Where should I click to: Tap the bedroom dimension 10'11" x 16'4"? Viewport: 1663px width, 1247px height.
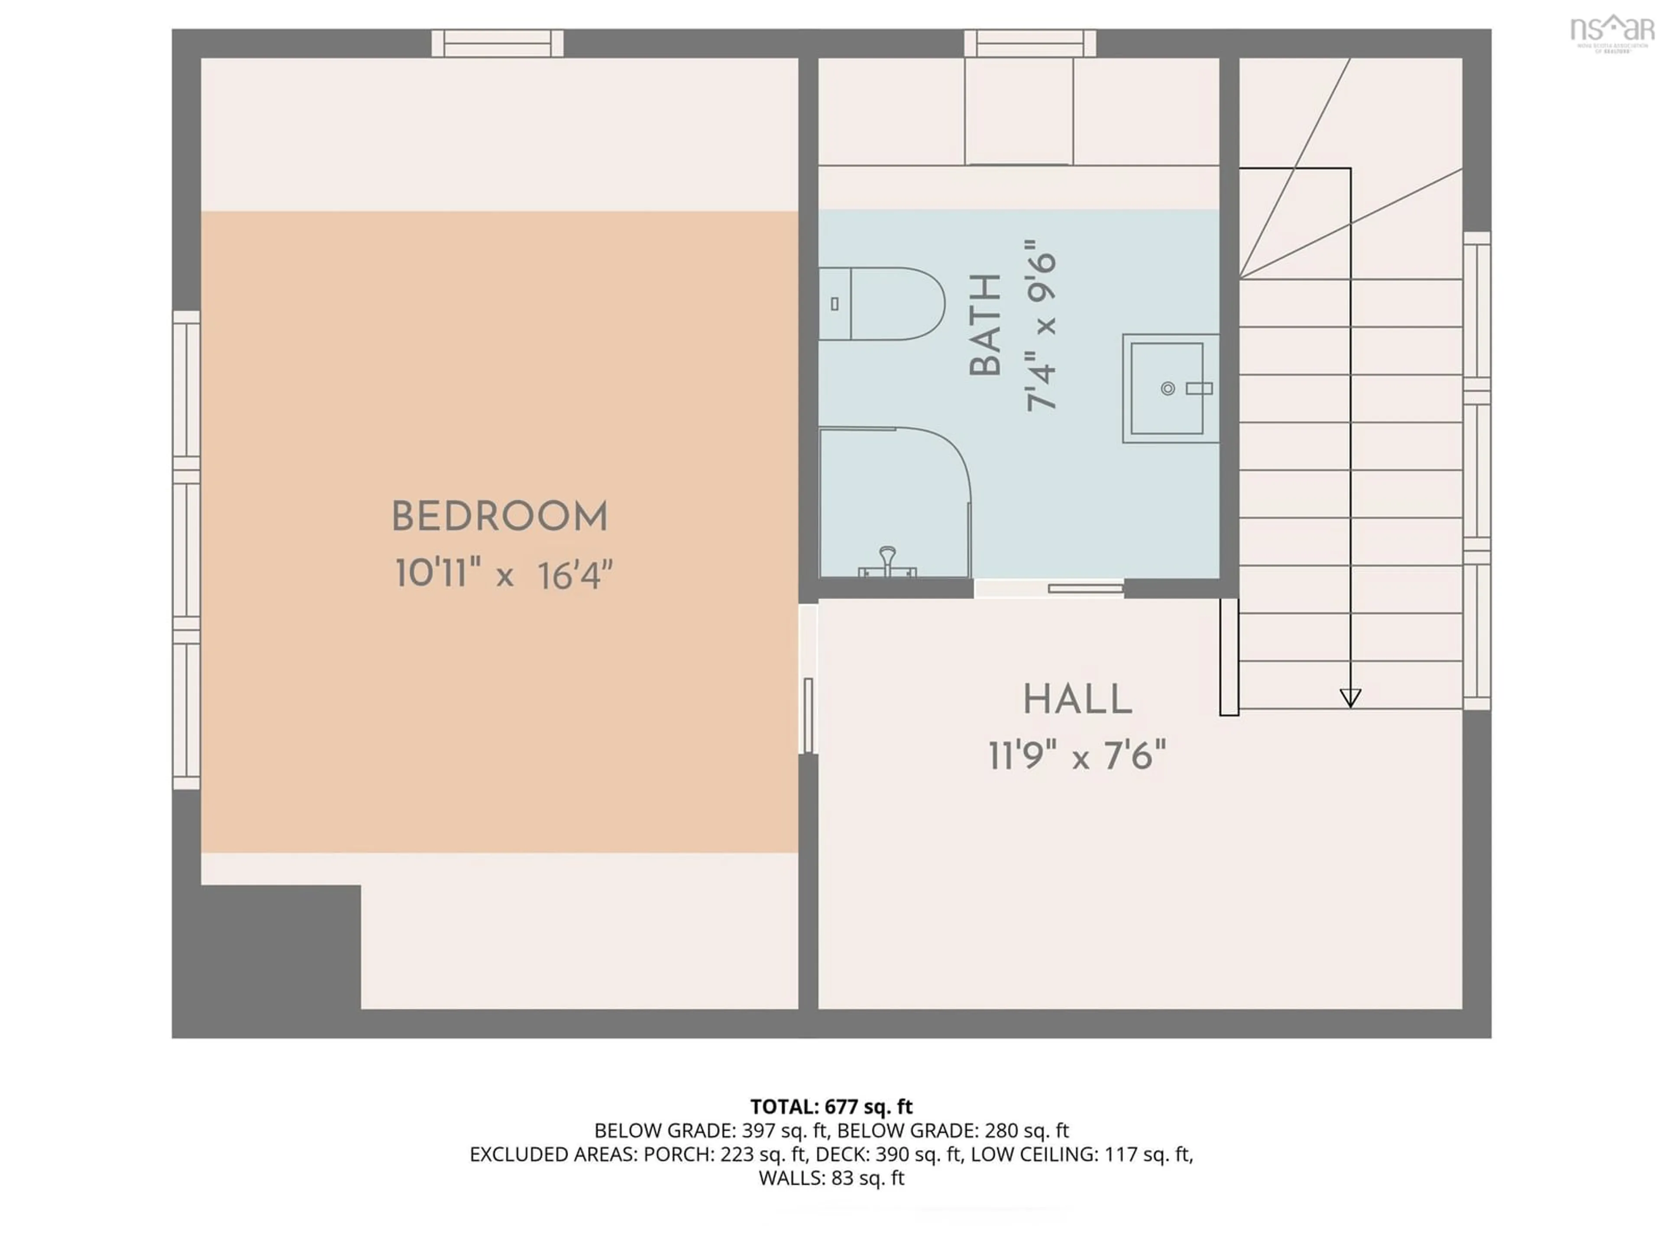tap(504, 575)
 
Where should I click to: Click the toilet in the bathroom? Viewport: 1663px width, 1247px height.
tap(883, 304)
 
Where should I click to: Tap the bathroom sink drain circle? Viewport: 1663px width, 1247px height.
tap(1168, 389)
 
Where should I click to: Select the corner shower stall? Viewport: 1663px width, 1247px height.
tap(891, 500)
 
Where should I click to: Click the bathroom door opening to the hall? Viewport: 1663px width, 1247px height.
tap(1049, 588)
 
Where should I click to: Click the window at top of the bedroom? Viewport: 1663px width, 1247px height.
tap(497, 44)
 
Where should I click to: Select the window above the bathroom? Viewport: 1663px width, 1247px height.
tap(1030, 44)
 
